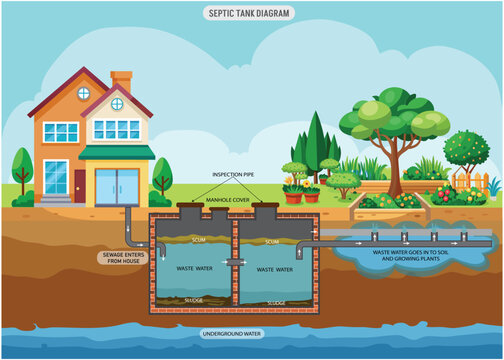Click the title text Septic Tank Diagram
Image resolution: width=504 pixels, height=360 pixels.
[x=251, y=14]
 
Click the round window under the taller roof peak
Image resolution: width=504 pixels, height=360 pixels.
[x=84, y=94]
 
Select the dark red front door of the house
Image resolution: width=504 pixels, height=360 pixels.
[x=79, y=184]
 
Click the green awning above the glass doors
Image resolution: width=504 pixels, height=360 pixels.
[x=117, y=153]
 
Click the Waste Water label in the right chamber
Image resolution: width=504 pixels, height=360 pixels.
[x=277, y=270]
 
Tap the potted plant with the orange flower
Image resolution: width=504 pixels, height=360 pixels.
[x=293, y=191]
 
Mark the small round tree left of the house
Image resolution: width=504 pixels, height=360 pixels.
[x=22, y=165]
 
